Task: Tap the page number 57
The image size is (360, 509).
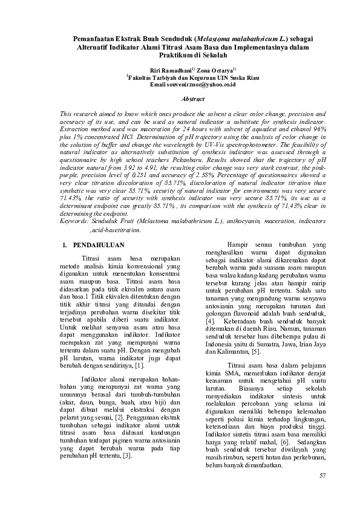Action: tap(322, 476)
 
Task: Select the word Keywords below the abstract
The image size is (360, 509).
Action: tap(77, 221)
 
